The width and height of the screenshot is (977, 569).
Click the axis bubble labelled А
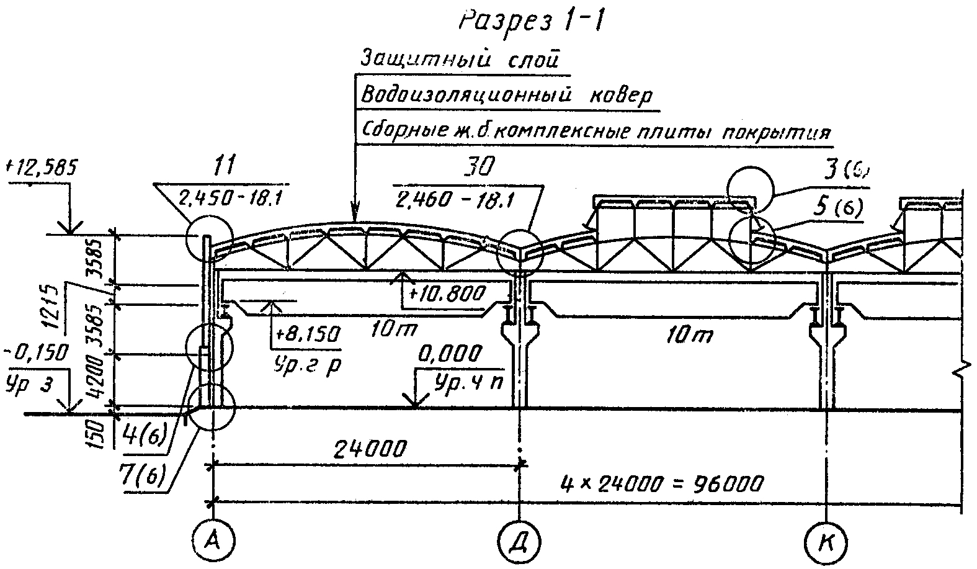pos(213,540)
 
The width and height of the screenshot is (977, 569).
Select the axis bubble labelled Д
pos(519,540)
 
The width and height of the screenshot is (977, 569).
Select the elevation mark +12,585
pos(40,167)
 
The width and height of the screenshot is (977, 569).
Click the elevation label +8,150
pos(306,334)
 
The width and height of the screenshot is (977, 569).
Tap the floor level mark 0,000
pos(450,354)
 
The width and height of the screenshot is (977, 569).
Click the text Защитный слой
pos(460,60)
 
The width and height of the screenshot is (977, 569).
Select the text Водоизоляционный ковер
pos(506,96)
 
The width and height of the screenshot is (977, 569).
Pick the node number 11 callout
pos(223,166)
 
